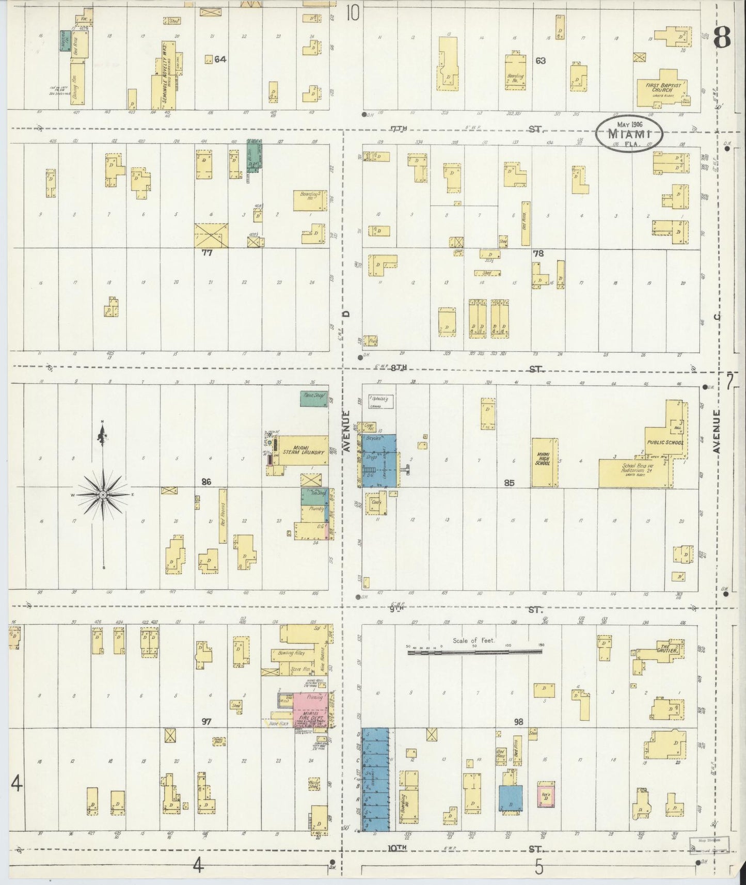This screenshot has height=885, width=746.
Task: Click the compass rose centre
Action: coord(103,495)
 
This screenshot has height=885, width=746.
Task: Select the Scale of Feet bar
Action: coord(474,653)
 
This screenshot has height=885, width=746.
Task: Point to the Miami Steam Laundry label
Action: coord(302,449)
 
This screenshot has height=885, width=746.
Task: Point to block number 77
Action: coord(207,253)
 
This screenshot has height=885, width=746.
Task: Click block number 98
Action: coord(518,721)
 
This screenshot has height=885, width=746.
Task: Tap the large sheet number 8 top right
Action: coord(722,37)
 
